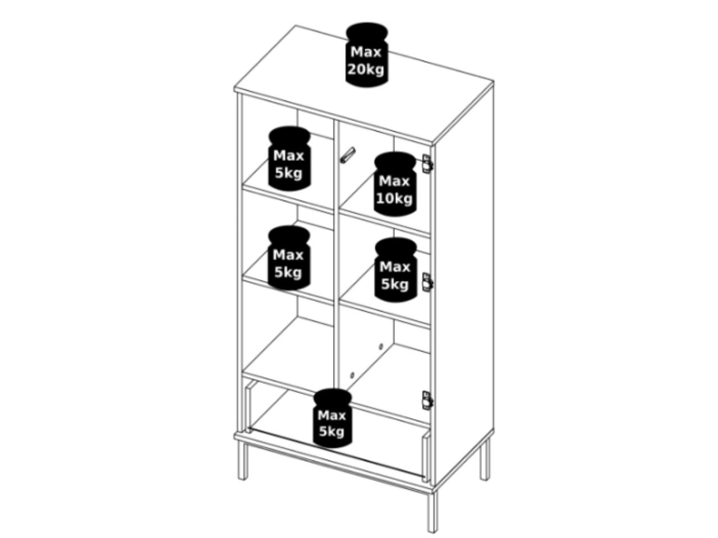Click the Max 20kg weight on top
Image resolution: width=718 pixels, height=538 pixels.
coord(366,55)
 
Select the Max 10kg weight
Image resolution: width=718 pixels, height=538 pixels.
coord(395,184)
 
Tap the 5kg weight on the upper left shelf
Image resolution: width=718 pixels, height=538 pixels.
coord(289,159)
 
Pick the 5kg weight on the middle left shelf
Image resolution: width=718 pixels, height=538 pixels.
coord(289,258)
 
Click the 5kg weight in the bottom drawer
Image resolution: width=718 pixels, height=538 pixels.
coord(332,418)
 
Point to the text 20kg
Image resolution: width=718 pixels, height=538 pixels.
coord(366,69)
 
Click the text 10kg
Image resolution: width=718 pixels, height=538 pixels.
coord(394,198)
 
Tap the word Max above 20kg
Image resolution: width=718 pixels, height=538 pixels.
coord(366,52)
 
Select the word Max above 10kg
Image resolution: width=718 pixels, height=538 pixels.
coord(394,181)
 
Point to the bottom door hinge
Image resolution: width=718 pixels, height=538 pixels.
coord(427,400)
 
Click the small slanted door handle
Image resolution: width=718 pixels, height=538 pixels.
coord(347,155)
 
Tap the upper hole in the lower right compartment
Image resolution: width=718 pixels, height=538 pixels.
coord(381,346)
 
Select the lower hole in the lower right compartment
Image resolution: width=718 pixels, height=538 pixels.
coord(352,375)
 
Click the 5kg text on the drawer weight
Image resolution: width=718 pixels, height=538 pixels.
coord(332,432)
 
